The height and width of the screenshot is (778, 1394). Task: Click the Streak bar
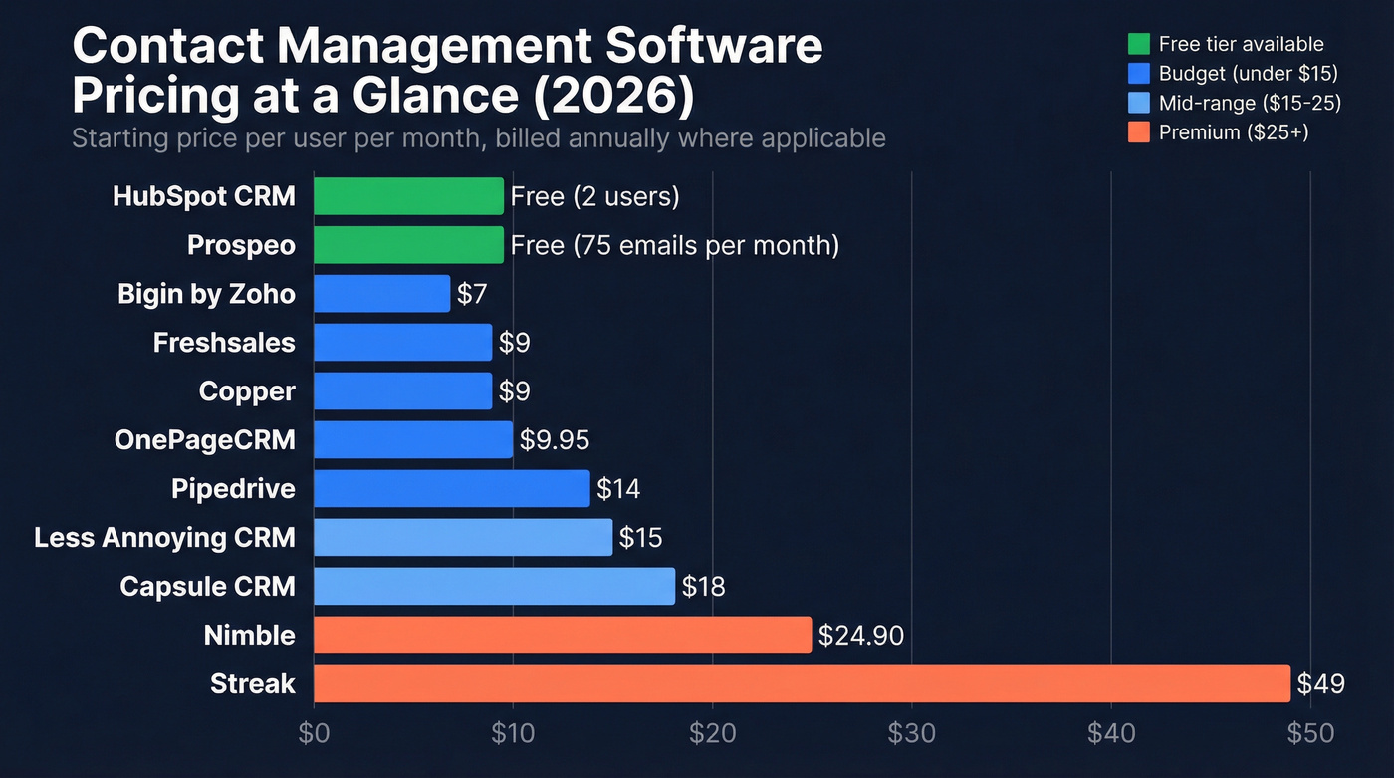[802, 683]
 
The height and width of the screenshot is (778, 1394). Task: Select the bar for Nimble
[563, 635]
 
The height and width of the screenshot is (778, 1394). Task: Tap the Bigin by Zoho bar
[381, 294]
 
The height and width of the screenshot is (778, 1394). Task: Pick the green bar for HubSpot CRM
[408, 196]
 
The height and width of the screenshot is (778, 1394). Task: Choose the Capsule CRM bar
[494, 586]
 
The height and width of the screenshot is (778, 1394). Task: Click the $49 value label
[1320, 684]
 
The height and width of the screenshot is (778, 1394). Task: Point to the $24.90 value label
[860, 636]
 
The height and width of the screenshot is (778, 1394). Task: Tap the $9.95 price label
[555, 440]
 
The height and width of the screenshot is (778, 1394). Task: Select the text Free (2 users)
[594, 197]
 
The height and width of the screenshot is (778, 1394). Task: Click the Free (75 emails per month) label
[674, 245]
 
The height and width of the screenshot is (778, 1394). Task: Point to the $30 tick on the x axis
[911, 733]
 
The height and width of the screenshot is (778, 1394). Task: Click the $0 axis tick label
[314, 733]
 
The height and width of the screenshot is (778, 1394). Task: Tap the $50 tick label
[1310, 733]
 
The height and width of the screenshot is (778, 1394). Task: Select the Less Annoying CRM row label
[164, 538]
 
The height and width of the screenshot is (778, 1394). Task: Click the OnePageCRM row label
[204, 440]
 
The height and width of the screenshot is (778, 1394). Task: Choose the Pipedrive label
[233, 489]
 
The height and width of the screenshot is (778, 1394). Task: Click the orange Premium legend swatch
[1139, 131]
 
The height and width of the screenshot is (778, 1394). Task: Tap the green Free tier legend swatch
[1139, 44]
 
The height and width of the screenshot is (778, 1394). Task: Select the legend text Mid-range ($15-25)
[1250, 103]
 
